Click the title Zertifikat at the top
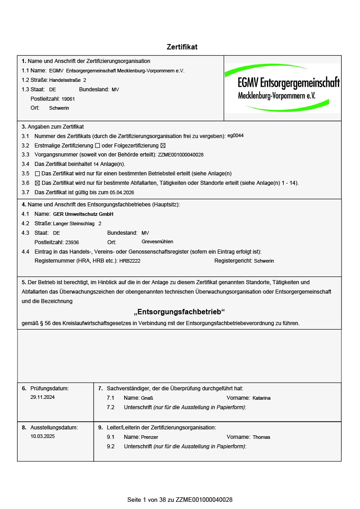pos(182,47)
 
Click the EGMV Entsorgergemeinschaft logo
pos(282,88)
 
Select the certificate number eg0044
pos(235,135)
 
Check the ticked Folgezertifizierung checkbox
pos(163,146)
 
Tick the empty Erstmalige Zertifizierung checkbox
pos(97,146)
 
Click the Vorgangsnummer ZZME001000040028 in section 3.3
pos(180,155)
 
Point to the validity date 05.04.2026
pos(122,192)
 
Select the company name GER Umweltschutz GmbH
pos(83,214)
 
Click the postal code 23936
pos(72,242)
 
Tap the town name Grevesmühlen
pos(157,241)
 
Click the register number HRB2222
pos(130,261)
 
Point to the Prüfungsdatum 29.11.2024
pos(43,397)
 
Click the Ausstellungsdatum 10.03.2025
pos(43,436)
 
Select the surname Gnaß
pos(147,398)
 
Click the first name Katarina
pos(261,398)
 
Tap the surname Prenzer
pos(149,437)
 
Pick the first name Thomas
pos(261,437)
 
